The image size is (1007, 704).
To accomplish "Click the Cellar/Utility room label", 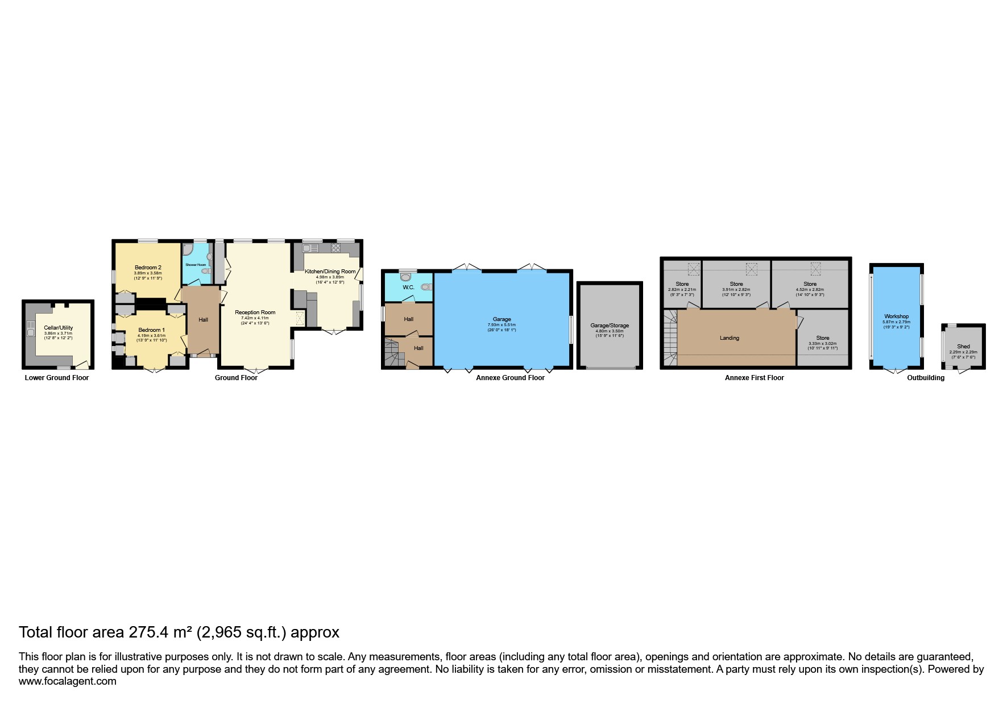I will [x=58, y=328].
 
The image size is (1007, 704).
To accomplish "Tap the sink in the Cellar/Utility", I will [x=28, y=327].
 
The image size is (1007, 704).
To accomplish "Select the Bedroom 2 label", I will [x=148, y=268].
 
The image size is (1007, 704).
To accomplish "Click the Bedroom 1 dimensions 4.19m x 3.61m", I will [x=151, y=335].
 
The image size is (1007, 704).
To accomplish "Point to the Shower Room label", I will [x=196, y=265].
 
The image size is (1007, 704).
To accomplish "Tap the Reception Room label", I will [x=255, y=313].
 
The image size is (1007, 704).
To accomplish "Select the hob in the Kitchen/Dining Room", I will [x=334, y=249].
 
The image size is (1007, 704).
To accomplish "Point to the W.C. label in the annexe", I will [x=408, y=288].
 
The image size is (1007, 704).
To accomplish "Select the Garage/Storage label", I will [x=610, y=326].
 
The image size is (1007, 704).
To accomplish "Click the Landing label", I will [x=730, y=338].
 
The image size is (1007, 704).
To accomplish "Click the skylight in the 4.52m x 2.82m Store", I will [x=816, y=268].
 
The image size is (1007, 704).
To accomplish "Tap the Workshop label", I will [x=896, y=316].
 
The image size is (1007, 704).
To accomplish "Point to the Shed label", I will [x=963, y=347].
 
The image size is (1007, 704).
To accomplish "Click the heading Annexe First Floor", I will [x=754, y=378].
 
